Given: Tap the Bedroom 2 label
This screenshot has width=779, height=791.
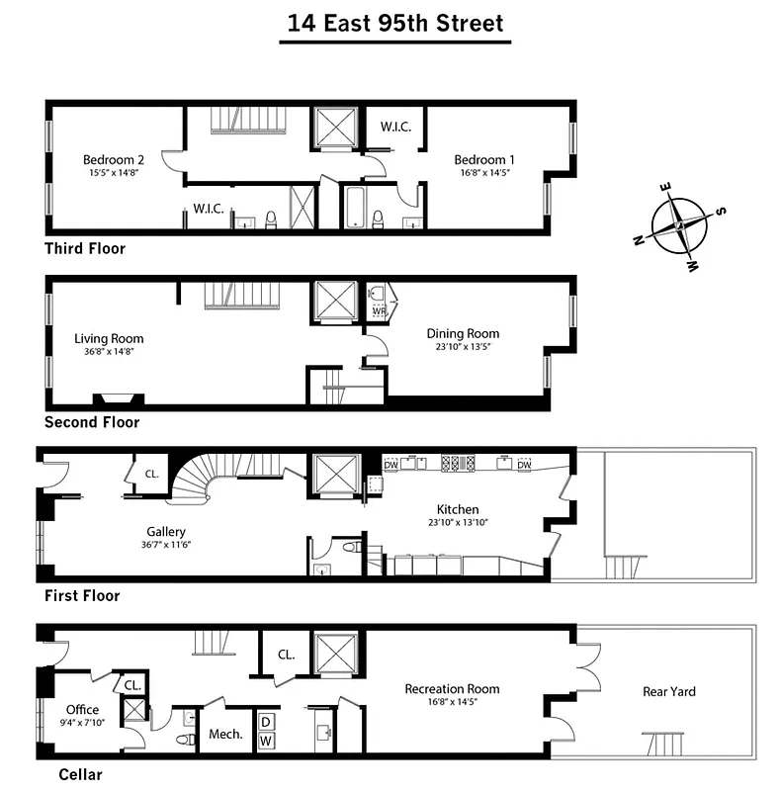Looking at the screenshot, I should point(114,159).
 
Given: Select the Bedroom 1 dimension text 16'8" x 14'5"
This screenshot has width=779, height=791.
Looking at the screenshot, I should point(484,173).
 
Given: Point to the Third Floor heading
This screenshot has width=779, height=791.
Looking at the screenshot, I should point(85,248).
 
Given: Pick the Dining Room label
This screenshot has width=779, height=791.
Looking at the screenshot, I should point(463,333).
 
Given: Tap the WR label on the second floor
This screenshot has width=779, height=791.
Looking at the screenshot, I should point(379,311).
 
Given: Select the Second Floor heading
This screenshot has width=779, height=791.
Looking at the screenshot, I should point(92,422).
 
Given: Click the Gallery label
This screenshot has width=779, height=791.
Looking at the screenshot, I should point(166,531).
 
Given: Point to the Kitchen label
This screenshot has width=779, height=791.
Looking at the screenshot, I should point(458,509).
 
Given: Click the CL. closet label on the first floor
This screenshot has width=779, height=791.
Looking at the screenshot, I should point(151,474).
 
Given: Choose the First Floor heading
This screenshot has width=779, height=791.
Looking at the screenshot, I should point(82,595).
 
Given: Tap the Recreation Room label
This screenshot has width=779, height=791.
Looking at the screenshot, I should point(452,688).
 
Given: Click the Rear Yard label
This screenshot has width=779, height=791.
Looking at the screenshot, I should point(669,691).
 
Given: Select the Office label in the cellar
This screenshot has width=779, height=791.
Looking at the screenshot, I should point(82,709).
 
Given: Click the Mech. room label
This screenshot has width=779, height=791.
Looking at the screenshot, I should point(225,735).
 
